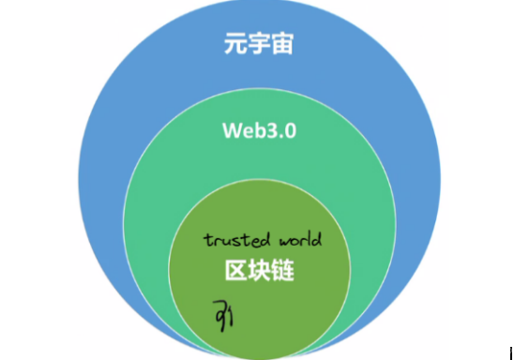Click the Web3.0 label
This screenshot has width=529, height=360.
[x=259, y=130]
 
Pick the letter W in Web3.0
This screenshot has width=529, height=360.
[x=231, y=130]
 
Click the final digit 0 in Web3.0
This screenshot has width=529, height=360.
[x=290, y=130]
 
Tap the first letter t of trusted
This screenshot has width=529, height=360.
[x=207, y=239]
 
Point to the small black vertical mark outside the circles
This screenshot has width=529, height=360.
[x=510, y=352]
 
